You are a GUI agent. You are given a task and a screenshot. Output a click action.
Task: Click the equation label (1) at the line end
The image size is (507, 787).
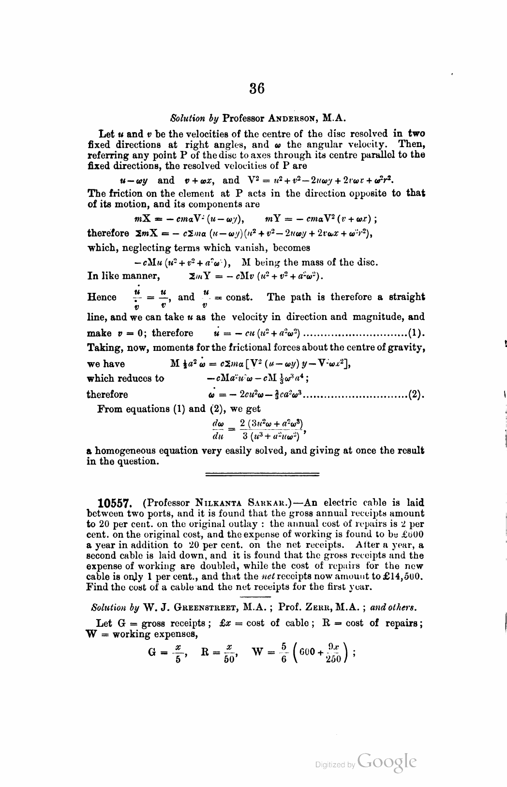click(x=417, y=333)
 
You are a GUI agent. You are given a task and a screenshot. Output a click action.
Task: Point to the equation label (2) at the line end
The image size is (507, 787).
click(x=417, y=394)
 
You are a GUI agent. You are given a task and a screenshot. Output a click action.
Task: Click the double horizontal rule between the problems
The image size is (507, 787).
click(x=262, y=474)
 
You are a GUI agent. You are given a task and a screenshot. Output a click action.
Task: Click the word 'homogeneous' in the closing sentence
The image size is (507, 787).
click(x=126, y=450)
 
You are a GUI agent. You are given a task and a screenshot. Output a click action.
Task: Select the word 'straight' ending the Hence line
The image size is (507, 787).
click(x=404, y=297)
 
